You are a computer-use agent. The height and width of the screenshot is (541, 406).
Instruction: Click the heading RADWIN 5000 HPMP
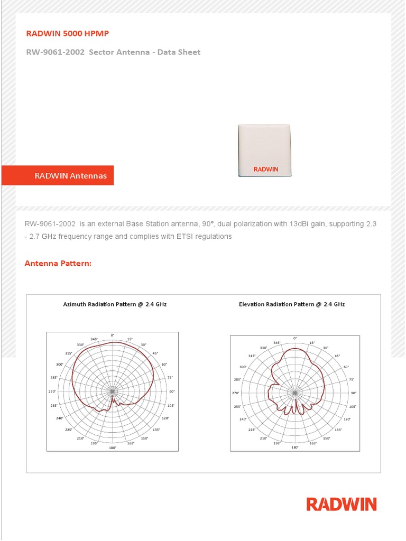click(x=68, y=34)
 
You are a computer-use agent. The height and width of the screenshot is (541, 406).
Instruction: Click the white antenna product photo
click(x=264, y=150)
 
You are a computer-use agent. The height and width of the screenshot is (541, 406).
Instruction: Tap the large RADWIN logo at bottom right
click(x=342, y=504)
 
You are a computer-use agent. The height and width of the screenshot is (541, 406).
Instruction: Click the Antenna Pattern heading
click(x=58, y=263)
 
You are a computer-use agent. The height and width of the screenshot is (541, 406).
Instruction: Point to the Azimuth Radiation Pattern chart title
click(x=115, y=304)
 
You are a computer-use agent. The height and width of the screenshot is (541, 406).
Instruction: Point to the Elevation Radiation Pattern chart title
click(x=292, y=304)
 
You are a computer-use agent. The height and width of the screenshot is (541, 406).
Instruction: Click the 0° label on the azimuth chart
click(x=112, y=335)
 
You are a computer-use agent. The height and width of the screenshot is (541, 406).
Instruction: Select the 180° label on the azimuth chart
click(x=112, y=448)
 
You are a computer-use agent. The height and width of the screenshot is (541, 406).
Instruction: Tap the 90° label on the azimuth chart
click(x=172, y=391)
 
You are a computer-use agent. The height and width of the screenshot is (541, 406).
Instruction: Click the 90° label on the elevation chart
click(x=354, y=393)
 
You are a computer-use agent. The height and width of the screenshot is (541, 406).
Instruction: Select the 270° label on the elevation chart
click(x=236, y=393)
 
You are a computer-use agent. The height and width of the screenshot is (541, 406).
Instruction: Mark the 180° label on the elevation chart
click(x=295, y=447)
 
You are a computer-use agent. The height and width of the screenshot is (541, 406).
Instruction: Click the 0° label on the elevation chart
click(x=295, y=338)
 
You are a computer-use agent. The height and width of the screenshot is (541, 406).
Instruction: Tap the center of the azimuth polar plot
click(x=112, y=391)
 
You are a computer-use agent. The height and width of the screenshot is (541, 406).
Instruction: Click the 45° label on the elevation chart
click(x=337, y=356)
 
